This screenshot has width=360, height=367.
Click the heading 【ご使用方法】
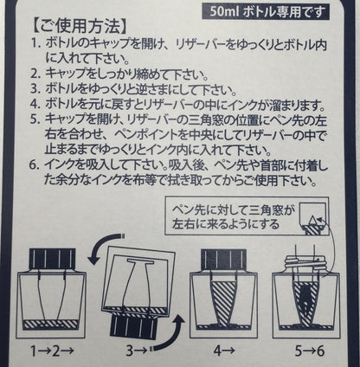[x=78, y=27]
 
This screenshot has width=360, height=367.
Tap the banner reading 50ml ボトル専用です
[x=266, y=12]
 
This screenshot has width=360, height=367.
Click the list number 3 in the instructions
[x=35, y=88]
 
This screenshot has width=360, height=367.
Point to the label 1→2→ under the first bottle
[x=53, y=351]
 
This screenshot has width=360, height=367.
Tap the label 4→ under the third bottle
[x=224, y=351]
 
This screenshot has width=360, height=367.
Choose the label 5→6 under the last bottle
[x=310, y=351]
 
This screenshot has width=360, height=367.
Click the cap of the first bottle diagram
[x=53, y=259]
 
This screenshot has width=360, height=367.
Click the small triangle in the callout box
[x=312, y=222]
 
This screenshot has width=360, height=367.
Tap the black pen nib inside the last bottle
[x=306, y=300]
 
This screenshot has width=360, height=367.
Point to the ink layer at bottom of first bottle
[x=51, y=325]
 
